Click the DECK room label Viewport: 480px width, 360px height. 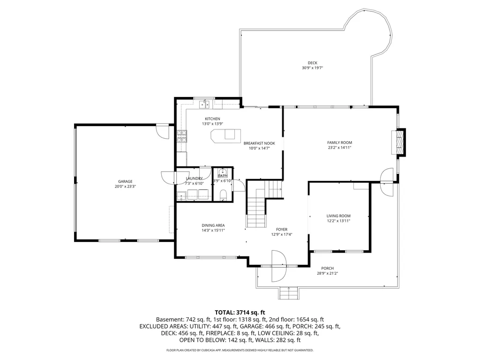312,63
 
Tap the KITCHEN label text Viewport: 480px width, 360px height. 212,119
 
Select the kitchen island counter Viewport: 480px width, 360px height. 225,135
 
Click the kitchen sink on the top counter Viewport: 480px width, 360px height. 204,105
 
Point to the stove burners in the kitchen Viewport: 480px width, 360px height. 181,136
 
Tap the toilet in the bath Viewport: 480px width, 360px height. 223,195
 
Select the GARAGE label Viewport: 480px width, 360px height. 125,181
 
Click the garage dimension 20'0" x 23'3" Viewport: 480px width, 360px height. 125,187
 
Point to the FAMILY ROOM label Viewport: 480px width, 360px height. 339,142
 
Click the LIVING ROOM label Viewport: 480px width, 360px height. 338,216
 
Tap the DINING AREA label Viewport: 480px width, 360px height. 213,225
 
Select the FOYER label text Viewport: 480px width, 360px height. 282,229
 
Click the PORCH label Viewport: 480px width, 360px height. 327,269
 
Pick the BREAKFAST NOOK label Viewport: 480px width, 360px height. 259,143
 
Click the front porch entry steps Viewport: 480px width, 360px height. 288,293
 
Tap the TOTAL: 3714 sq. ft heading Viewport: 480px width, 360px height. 240,313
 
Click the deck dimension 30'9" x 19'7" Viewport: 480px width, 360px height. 312,68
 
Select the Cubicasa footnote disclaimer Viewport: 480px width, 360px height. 240,350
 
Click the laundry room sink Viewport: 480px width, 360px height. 181,195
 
